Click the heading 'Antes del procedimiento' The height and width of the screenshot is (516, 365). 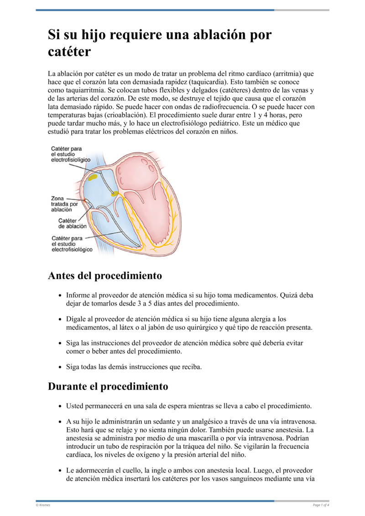(x=105, y=276)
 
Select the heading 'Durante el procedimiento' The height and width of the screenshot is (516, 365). (x=108, y=386)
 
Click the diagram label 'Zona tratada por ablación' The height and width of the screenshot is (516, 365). (x=64, y=204)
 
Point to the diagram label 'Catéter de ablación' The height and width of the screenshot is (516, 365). (x=72, y=223)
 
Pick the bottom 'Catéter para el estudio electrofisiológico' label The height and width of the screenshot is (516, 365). (x=72, y=244)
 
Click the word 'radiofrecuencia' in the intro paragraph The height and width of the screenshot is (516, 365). (x=217, y=107)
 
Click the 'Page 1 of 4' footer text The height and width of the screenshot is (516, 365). (x=321, y=505)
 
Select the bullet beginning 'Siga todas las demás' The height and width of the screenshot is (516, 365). (x=134, y=367)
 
